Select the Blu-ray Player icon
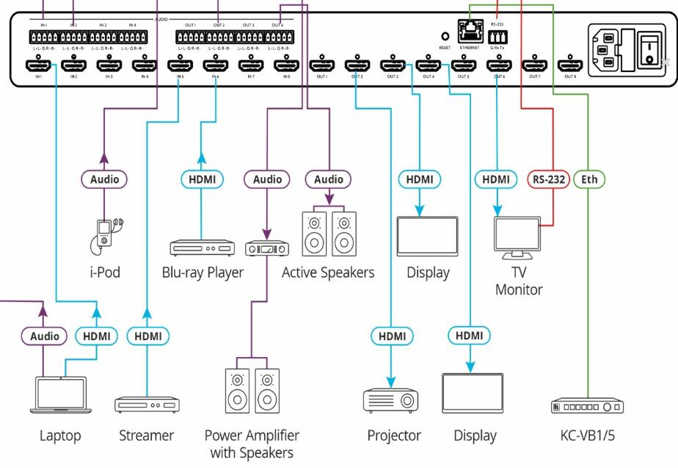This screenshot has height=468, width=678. pyautogui.click(x=201, y=248)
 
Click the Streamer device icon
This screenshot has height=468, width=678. pyautogui.click(x=146, y=404)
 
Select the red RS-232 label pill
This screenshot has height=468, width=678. pyautogui.click(x=548, y=179)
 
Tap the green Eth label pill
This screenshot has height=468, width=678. pyautogui.click(x=588, y=179)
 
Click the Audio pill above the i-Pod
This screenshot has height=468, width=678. pyautogui.click(x=103, y=179)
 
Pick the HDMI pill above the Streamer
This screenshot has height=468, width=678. pyautogui.click(x=147, y=336)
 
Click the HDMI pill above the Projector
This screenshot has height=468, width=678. pyautogui.click(x=391, y=336)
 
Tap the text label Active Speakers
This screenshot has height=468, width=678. pyautogui.click(x=328, y=273)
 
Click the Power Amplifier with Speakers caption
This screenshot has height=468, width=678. pyautogui.click(x=252, y=444)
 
